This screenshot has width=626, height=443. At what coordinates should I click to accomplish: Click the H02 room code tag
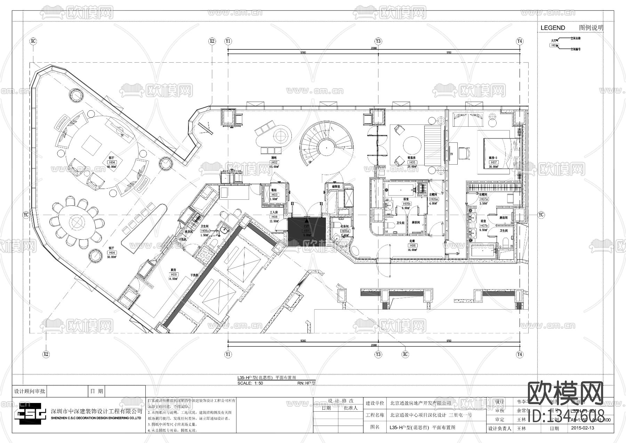point(274,163)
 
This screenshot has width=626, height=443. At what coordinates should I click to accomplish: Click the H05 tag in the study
point(412,162)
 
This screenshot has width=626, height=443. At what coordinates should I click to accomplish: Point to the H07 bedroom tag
point(493,163)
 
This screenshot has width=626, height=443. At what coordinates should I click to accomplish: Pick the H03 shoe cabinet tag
point(274,195)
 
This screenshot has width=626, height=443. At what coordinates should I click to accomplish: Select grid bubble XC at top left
point(33,41)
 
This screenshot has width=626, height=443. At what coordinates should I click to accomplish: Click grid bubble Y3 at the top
point(378,41)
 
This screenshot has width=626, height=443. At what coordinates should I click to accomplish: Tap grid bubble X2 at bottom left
point(46,355)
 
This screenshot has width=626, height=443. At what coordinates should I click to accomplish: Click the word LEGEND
point(553,28)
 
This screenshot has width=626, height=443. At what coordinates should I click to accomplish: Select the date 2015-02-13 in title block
point(583,428)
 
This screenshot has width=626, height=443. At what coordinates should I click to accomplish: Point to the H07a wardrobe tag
point(484,199)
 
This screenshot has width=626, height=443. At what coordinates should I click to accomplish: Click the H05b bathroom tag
point(407,204)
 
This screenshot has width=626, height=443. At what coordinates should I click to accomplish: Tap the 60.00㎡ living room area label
point(112,167)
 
